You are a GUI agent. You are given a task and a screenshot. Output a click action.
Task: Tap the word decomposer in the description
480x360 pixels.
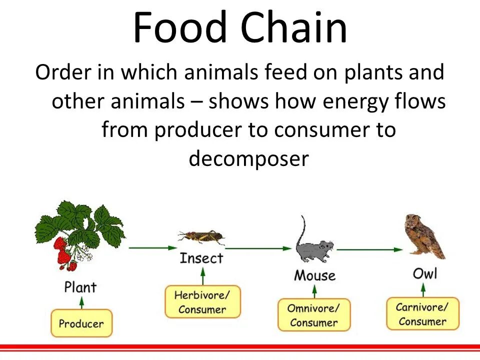tap(249, 159)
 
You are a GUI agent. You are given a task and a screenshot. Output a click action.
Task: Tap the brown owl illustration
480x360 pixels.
tap(424, 236)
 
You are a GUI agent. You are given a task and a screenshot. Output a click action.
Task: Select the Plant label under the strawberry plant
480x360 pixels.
tap(80, 287)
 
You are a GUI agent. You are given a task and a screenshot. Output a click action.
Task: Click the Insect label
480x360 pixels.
tap(201, 258)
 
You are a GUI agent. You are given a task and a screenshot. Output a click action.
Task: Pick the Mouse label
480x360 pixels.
tap(314, 275)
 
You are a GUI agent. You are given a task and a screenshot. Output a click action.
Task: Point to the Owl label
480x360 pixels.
tap(424, 273)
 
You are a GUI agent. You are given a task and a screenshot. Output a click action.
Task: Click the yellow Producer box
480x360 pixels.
tap(81, 323)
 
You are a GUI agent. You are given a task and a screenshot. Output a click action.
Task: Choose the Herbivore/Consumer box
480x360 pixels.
tap(202, 301)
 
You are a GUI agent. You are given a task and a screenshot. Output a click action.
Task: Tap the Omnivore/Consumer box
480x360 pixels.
tap(314, 315)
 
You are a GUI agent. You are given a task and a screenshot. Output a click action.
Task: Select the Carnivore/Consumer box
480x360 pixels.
tap(422, 313)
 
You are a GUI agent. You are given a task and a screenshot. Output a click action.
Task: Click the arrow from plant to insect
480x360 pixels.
tap(152, 247)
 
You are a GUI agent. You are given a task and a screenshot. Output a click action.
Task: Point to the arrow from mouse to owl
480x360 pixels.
tap(370, 248)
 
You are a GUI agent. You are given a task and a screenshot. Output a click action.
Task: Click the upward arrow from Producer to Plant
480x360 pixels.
tap(81, 302)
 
